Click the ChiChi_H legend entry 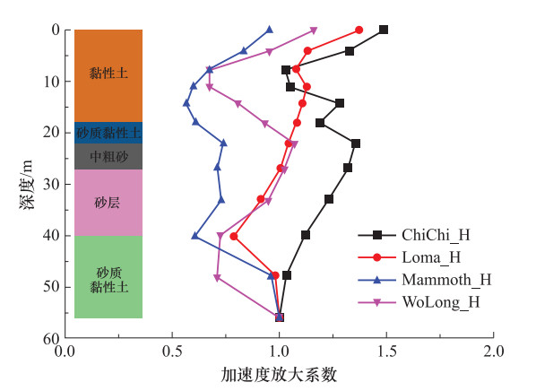tap(414, 235)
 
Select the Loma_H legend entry tap(410, 257)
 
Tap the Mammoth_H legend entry tap(425, 280)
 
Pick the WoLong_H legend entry tap(419, 302)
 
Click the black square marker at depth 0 tap(384, 30)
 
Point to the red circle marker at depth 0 tap(359, 30)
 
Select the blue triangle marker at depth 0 tap(270, 30)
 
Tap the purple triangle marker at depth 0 tap(314, 31)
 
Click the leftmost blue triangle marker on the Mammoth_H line tap(186, 102)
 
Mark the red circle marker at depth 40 tap(234, 237)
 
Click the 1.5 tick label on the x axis tap(386, 352)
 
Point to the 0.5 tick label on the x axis tap(172, 352)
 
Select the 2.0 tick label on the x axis tap(494, 352)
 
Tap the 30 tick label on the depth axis tap(51, 184)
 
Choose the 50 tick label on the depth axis tap(51, 287)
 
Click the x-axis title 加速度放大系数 tap(279, 375)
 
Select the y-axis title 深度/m tap(27, 184)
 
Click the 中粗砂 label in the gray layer tap(108, 156)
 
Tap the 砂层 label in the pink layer tap(108, 203)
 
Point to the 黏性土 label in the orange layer tap(108, 73)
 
